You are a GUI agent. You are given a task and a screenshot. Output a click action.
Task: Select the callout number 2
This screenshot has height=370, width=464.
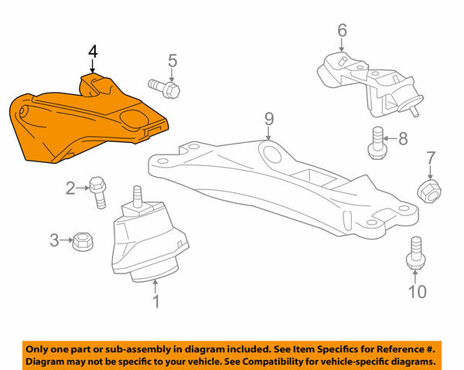point(70,187)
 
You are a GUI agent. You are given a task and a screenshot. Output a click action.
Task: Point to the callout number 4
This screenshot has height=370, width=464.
point(92,53)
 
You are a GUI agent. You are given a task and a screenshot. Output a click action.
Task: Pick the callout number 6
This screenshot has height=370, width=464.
point(342,31)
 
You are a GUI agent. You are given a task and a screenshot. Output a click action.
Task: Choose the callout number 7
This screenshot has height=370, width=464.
point(431,160)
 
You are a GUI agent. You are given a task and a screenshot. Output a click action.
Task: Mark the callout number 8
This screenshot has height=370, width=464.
point(402,139)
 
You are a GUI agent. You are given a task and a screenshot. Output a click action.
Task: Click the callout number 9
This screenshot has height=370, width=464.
point(269,118)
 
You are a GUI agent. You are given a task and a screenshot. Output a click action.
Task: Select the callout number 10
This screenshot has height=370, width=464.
point(417,291)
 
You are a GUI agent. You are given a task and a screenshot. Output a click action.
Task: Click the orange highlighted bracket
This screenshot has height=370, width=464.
point(85,124)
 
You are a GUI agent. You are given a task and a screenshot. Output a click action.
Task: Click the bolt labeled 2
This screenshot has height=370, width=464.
point(99,191)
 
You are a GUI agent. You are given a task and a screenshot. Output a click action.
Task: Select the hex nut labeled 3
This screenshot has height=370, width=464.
point(80,241)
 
